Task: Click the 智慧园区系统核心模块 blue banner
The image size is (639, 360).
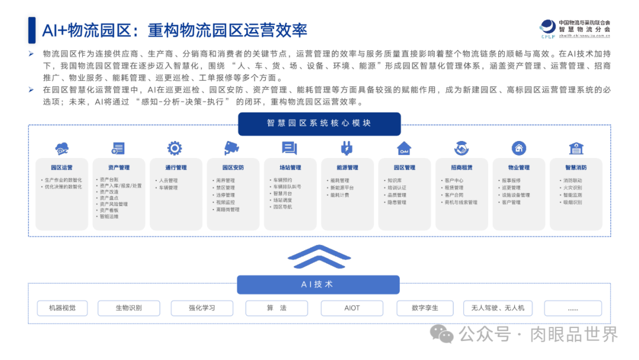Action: coord(319,124)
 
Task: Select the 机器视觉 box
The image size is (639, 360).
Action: coord(62,308)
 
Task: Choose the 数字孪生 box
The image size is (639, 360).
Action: coord(425,308)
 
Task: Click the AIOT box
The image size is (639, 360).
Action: coord(351,308)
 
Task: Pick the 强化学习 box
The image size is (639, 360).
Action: coord(202,308)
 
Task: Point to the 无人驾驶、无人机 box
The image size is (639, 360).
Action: coord(498,308)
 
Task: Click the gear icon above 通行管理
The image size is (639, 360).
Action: coord(175,148)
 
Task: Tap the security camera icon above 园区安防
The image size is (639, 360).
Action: coord(232,148)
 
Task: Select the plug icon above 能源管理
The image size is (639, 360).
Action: coord(347,148)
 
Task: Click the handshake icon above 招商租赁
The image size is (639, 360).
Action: coord(461,148)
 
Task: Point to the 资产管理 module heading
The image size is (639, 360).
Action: coord(119,168)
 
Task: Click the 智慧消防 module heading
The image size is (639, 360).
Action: coord(576,168)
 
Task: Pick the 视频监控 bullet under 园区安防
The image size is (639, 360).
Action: coord(226,202)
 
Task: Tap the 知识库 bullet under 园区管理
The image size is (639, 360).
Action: coord(395,181)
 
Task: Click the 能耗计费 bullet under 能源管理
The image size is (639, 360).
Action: coord(340,195)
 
